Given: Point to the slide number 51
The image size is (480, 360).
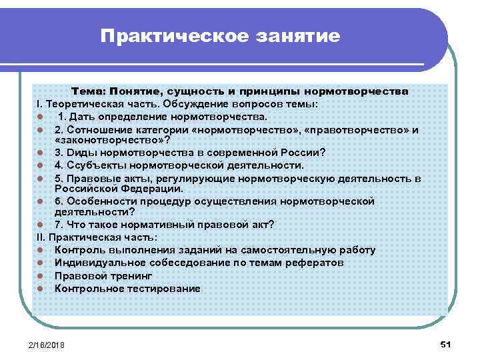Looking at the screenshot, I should [446, 343].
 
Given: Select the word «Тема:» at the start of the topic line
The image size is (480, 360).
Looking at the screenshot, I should [90, 91].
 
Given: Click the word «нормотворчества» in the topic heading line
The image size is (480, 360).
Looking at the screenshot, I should [361, 91].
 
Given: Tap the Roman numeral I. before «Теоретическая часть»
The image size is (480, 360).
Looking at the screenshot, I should [39, 104].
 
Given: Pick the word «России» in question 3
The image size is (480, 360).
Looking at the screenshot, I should [300, 153].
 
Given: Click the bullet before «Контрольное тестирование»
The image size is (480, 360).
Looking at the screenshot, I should [41, 289].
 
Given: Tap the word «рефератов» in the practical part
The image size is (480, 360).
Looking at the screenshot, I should [318, 263].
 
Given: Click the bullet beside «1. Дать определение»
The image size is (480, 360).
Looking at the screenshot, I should [41, 117].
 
